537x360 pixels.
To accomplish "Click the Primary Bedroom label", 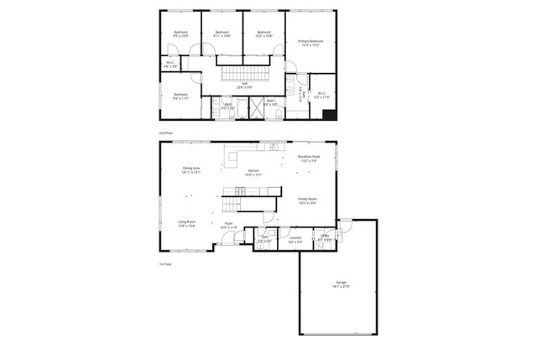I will (x=310, y=43).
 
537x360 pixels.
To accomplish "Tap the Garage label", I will (x=341, y=284).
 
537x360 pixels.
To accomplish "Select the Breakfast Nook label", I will (x=309, y=159).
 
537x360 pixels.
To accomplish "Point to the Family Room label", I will (x=307, y=200).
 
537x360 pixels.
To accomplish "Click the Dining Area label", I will (x=191, y=170).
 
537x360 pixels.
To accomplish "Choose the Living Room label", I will (x=186, y=224).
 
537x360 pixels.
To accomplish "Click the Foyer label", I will (x=228, y=225).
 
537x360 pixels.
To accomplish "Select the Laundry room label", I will (x=295, y=239).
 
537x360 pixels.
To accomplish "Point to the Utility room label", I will (x=324, y=238).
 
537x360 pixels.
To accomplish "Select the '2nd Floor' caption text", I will (x=165, y=133).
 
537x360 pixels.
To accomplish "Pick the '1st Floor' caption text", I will (x=165, y=265).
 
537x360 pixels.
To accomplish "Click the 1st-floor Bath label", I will (x=264, y=239).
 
